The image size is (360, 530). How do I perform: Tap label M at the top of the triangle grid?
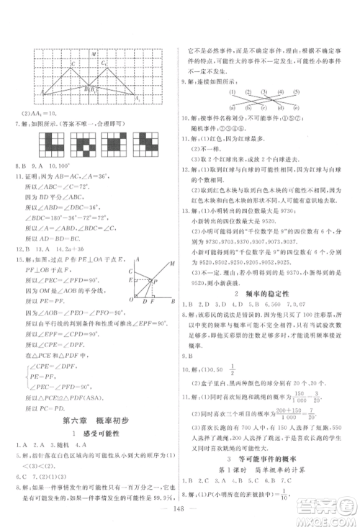click(95, 54)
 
